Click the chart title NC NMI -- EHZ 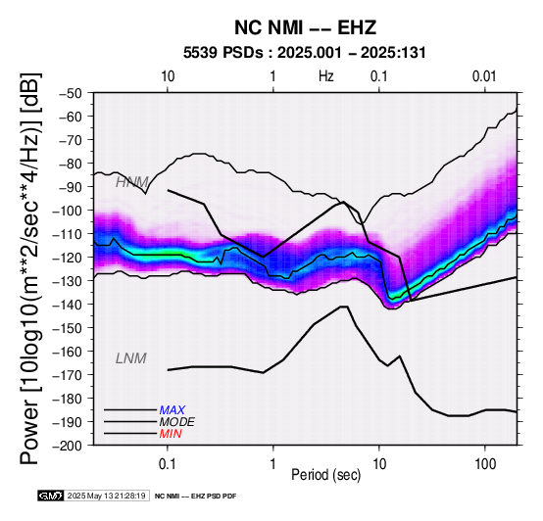[305, 27]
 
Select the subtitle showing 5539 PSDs [305, 53]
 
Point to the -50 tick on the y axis [70, 93]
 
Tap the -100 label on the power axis [67, 211]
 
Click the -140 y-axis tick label [67, 305]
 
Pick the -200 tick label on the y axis [67, 446]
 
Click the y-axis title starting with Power [30, 268]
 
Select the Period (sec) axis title [325, 475]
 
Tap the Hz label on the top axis [325, 76]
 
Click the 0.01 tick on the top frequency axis [484, 76]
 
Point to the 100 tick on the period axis [485, 463]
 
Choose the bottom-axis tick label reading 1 [273, 463]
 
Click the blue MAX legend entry [173, 410]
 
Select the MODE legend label [177, 422]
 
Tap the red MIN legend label [171, 434]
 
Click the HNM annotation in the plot [132, 182]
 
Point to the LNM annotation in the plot [131, 358]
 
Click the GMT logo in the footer [51, 496]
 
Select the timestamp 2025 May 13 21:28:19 [106, 496]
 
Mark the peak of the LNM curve [344, 307]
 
